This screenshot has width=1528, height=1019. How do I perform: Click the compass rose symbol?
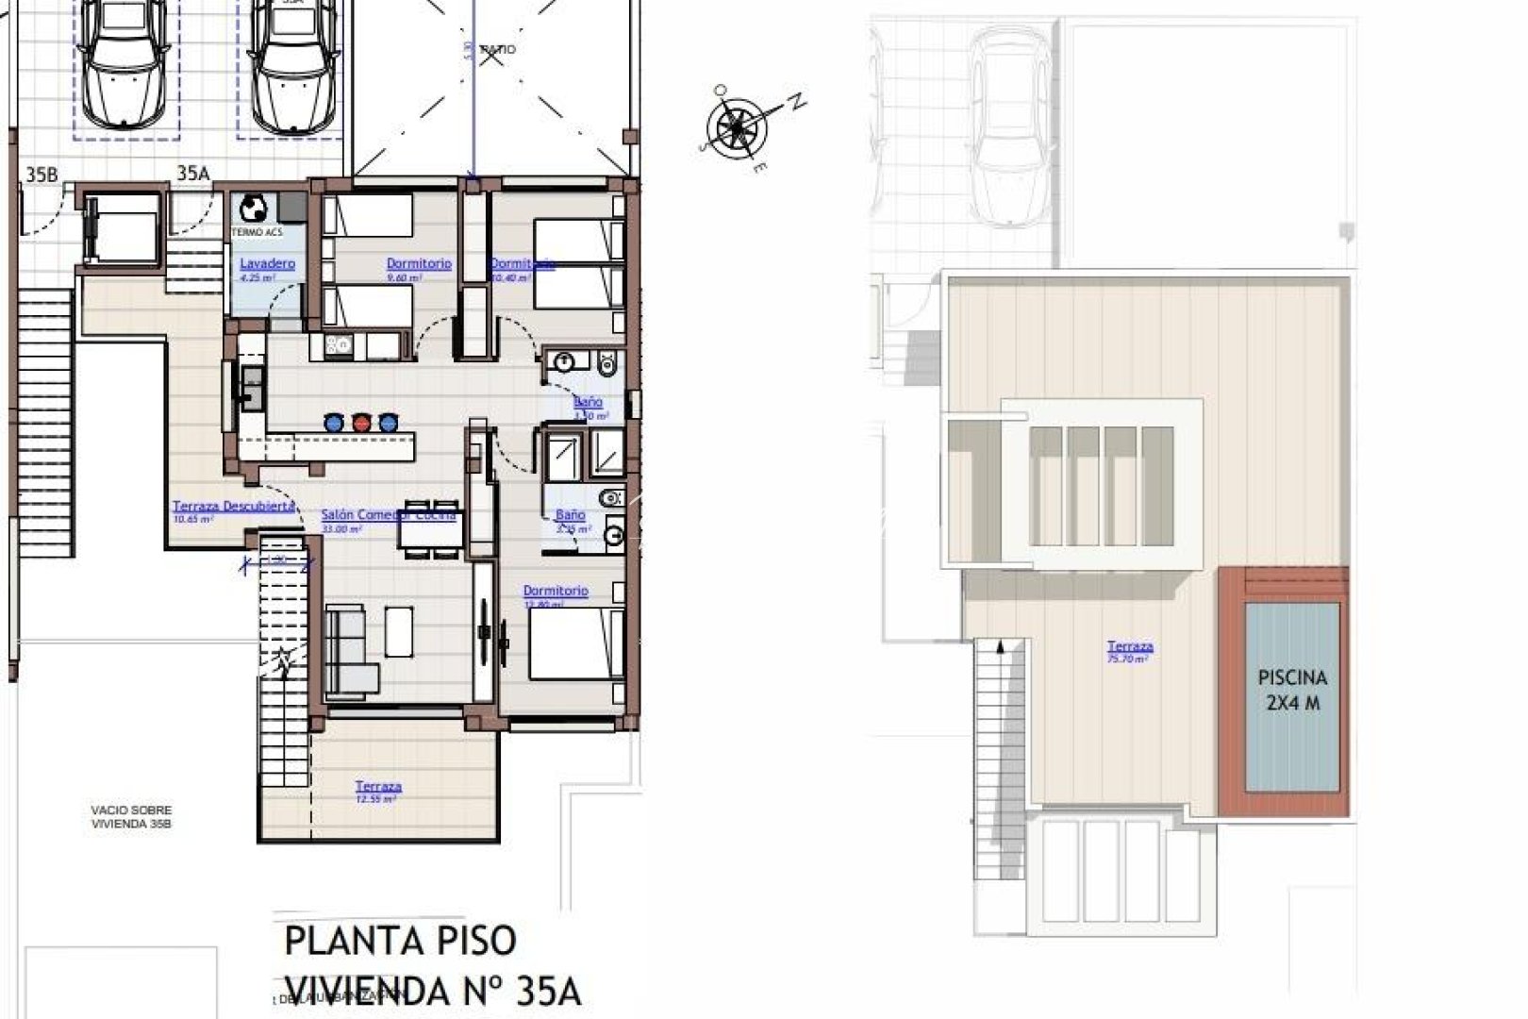click(738, 127)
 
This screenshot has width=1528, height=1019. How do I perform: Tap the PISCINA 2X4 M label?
click(1292, 690)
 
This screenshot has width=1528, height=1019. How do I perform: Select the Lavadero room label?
click(267, 264)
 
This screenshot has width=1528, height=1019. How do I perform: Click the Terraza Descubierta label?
click(234, 507)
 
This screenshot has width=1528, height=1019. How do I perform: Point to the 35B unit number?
click(42, 174)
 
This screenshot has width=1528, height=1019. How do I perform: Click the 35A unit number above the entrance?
click(192, 173)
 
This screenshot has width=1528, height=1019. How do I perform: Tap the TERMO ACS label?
click(257, 232)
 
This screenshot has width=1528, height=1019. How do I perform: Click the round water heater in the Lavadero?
click(253, 209)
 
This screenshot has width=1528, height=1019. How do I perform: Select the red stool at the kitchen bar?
click(361, 422)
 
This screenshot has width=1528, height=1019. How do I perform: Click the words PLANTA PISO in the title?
click(401, 941)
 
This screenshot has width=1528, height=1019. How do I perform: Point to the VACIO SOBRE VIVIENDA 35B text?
click(132, 816)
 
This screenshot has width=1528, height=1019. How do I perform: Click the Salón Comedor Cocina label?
click(388, 515)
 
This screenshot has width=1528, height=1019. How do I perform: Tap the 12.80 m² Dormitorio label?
click(556, 592)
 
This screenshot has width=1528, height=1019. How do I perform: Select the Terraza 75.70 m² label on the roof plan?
click(1130, 647)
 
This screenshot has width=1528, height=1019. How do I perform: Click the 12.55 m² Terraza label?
click(378, 787)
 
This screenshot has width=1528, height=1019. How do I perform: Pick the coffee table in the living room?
click(399, 631)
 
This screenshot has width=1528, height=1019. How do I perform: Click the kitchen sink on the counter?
click(253, 388)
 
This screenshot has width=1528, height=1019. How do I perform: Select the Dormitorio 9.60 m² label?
click(419, 264)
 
